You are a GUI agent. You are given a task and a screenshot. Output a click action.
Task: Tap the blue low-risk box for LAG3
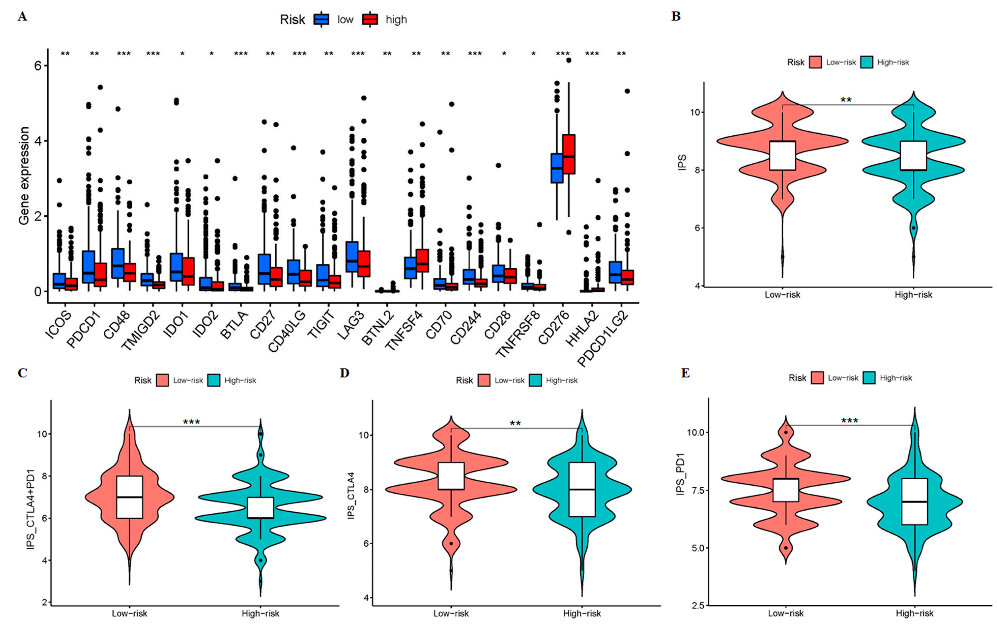352,257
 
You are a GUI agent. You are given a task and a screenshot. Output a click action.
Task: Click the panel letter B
676,17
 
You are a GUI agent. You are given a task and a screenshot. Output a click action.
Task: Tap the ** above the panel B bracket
846,100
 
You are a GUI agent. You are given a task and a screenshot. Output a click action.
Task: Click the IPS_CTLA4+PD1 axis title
30,509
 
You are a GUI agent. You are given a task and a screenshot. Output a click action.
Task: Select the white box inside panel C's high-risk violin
260,508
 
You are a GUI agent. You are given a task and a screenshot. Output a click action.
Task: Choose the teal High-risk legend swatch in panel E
869,377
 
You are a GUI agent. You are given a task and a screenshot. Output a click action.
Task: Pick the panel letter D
345,373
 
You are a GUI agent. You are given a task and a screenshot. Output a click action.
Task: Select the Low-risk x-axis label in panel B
782,295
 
